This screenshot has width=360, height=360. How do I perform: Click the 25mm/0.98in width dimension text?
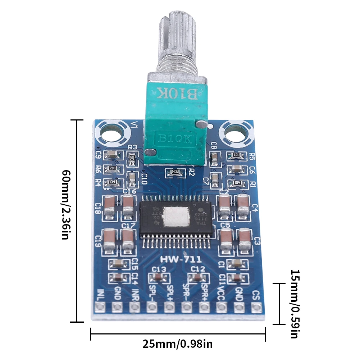[x=178, y=344]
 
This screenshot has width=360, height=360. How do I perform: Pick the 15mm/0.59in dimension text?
[x=294, y=304]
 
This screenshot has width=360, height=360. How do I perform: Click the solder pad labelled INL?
[x=100, y=307]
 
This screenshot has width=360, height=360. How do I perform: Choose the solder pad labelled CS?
[x=256, y=307]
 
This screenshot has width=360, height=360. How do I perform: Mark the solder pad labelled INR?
[x=135, y=307]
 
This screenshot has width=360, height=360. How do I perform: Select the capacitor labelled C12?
[x=197, y=277]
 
